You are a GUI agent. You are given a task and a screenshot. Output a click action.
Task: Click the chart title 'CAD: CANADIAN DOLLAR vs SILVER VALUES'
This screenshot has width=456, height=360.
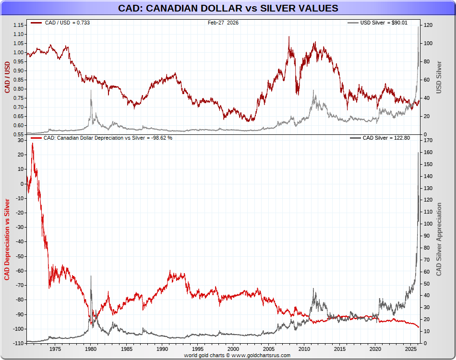pyautogui.click(x=228, y=8)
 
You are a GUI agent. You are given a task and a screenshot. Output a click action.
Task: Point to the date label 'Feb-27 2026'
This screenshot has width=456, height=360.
pyautogui.click(x=223, y=23)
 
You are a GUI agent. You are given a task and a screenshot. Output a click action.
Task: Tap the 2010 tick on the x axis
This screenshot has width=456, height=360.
pyautogui.click(x=304, y=349)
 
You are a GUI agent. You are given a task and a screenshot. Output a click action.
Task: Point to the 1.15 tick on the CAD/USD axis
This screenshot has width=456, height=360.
pyautogui.click(x=18, y=25)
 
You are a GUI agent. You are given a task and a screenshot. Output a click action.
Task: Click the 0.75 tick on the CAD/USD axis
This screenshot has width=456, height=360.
pyautogui.click(x=18, y=98)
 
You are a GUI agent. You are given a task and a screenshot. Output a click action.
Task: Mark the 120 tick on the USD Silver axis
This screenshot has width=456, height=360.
pyautogui.click(x=427, y=25)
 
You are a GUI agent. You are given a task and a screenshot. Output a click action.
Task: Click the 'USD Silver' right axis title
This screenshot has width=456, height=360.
pyautogui.click(x=438, y=77)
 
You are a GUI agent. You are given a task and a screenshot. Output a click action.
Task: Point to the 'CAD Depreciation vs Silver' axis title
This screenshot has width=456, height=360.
pyautogui.click(x=7, y=239)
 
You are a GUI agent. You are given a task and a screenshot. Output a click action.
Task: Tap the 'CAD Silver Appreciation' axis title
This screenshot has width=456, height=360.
pyautogui.click(x=439, y=239)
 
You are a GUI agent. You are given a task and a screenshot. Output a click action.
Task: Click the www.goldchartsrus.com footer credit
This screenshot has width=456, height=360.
pyautogui.click(x=237, y=355)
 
